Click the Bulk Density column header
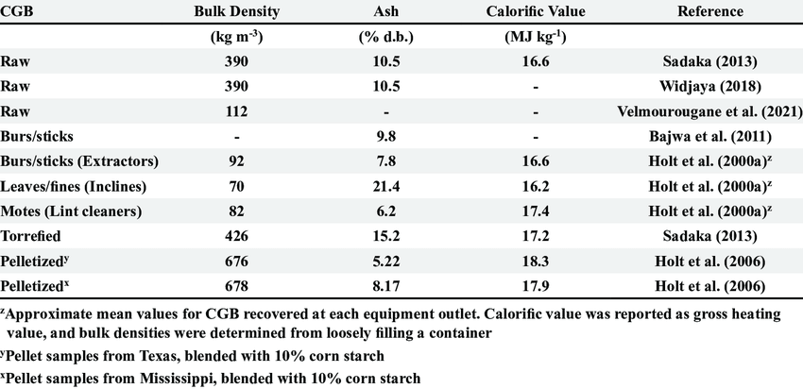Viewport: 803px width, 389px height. click(237, 12)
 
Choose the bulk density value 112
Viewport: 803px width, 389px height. click(237, 110)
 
